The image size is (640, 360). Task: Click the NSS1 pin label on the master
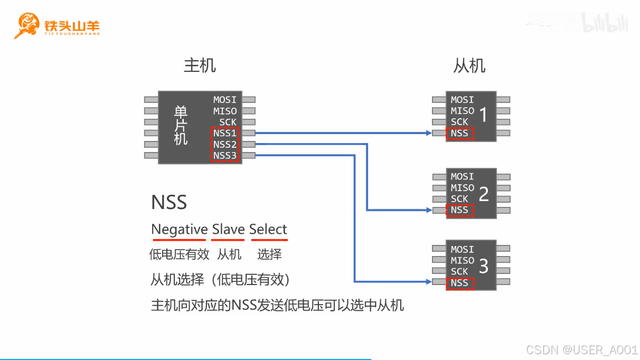[225, 133]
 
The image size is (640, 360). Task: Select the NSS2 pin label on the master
[225, 144]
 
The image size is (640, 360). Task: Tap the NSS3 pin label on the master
[225, 155]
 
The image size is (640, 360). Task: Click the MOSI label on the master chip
[225, 100]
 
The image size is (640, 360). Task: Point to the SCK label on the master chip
[228, 122]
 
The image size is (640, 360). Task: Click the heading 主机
[200, 65]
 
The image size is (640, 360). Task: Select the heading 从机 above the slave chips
[469, 65]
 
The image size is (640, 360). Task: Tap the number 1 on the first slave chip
[483, 114]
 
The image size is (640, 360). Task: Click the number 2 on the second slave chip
[484, 194]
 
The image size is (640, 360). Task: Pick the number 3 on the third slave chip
[484, 267]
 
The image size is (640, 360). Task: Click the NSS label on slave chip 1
[459, 133]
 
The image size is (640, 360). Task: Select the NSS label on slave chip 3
[459, 283]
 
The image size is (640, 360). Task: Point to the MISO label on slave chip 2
[463, 188]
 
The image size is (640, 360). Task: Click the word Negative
[180, 230]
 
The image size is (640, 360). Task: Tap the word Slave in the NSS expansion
[228, 230]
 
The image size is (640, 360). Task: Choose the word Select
[268, 230]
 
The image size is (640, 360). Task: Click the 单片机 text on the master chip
[181, 126]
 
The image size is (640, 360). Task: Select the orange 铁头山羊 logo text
[72, 25]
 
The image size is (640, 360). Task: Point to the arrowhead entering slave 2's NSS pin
[428, 210]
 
